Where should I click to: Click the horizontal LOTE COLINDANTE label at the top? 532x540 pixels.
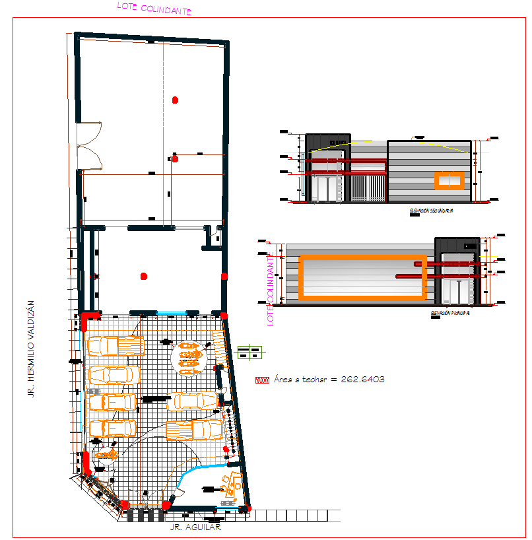pos(154,9)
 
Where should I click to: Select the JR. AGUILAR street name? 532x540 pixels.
pos(195,527)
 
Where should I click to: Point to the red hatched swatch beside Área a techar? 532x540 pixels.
pos(263,380)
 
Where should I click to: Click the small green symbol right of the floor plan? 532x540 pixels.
pos(250,353)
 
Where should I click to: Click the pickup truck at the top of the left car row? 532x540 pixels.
pos(115,346)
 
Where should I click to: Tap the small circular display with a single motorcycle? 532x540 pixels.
pos(106,455)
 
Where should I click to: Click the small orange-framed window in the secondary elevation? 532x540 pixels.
pos(449,180)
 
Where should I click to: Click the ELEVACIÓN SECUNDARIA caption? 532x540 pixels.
pos(431,211)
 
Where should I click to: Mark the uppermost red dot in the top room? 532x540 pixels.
pos(175,100)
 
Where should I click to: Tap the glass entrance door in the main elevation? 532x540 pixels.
pos(456,288)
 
